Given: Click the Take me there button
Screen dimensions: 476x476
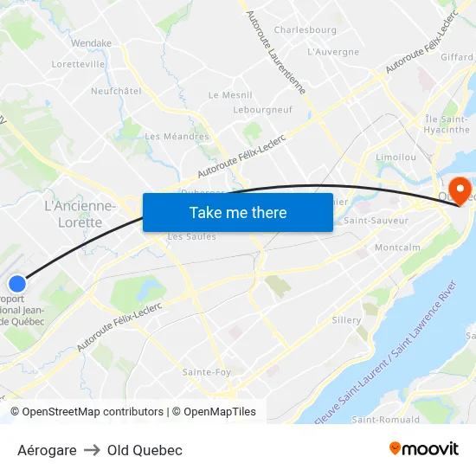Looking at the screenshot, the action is [x=238, y=212].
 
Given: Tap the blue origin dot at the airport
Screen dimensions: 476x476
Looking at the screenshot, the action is [x=17, y=283].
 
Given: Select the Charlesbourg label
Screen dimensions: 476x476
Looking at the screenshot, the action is [x=305, y=29].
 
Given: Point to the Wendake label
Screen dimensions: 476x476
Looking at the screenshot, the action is [x=91, y=42].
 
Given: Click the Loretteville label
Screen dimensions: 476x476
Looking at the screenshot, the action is [x=78, y=64].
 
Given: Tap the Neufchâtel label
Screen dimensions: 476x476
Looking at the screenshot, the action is [x=116, y=91].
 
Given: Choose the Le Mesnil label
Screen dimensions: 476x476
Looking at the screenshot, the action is [x=230, y=95].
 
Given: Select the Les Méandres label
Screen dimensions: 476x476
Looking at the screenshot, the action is [x=177, y=136].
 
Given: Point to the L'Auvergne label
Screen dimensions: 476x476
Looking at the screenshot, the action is [x=333, y=52].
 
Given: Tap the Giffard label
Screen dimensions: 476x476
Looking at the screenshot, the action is [x=457, y=57].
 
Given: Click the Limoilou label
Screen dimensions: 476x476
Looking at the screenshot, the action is [x=396, y=158].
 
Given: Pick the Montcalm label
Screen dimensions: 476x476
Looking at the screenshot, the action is [x=398, y=248].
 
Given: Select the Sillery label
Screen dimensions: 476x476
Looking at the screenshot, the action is [x=346, y=320].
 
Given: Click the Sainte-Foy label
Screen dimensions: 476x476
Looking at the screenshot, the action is [x=206, y=372].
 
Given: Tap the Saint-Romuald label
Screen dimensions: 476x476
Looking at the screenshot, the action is [x=386, y=420].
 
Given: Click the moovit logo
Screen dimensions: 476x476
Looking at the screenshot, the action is [x=424, y=449].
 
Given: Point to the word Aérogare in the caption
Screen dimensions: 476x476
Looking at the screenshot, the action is [x=47, y=450].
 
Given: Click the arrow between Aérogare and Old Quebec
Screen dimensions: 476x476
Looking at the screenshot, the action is [x=92, y=450].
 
